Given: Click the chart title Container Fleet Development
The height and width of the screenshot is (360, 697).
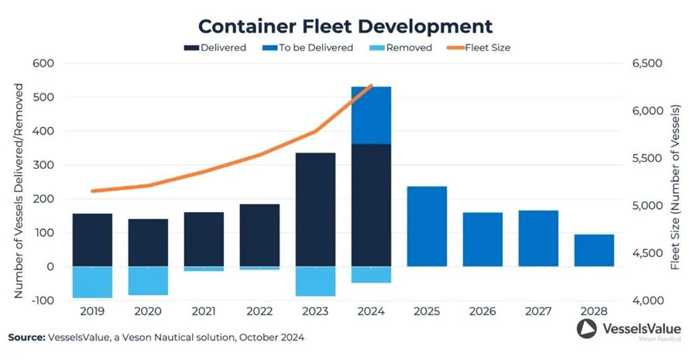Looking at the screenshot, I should pos(345,26).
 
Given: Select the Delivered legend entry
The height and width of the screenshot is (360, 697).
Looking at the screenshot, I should pos(216,48).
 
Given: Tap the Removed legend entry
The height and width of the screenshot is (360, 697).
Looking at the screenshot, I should pos(403,48).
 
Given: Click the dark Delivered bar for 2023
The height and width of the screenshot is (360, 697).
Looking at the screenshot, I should pos(315,209).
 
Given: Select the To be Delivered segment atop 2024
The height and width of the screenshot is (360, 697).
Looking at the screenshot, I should pos(371,115).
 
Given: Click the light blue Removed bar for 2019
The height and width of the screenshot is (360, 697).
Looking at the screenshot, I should pos(92,282).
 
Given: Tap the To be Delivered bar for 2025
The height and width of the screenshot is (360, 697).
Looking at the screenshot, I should pos(427,226).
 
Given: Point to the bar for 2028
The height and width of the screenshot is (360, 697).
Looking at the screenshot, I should pos(594,250).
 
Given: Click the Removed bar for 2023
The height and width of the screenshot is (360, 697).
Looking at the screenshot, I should pos(315,281).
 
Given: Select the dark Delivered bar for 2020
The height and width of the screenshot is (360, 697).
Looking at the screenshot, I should pos(148,242).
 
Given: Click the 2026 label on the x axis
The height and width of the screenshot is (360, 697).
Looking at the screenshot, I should pos(482,310).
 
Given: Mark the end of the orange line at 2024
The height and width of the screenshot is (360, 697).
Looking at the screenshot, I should pos(372,85).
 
